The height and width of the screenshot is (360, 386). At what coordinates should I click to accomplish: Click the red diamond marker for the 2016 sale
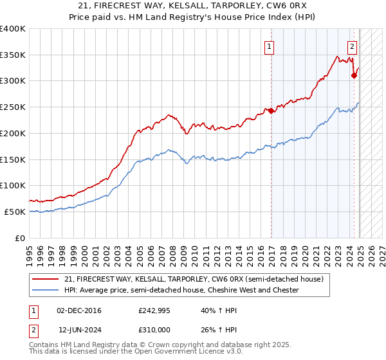271,111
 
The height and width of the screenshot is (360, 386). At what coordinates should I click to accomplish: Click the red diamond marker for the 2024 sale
354,75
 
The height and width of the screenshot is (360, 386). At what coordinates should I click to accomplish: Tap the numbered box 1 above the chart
268,46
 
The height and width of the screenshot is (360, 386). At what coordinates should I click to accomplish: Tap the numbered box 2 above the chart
352,46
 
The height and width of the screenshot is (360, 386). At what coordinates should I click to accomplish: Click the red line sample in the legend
45,279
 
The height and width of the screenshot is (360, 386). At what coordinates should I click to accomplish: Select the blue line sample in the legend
45,290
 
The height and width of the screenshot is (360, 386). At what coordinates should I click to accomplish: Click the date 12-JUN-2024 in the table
79,330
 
